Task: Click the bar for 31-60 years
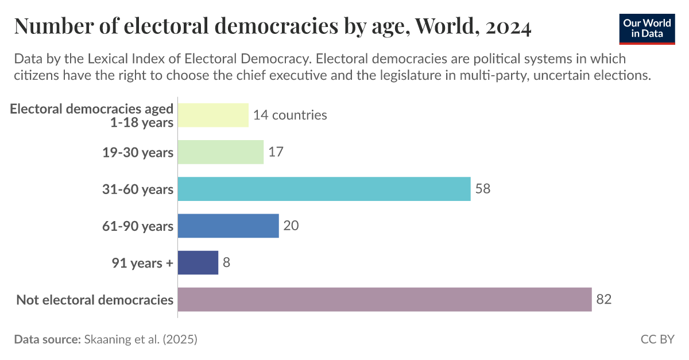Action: click(324, 189)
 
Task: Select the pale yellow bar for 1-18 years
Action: click(213, 115)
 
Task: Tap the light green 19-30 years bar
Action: click(220, 152)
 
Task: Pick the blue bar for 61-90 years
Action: click(228, 226)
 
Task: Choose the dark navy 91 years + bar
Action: click(198, 262)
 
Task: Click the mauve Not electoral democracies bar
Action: click(385, 299)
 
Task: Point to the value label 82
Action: click(603, 299)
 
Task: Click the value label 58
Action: click(483, 189)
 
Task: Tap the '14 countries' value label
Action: click(290, 115)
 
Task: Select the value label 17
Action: click(276, 152)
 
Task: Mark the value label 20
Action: click(291, 226)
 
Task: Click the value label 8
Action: click(227, 262)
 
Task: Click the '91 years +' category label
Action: click(142, 263)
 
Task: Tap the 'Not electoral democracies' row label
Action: click(95, 300)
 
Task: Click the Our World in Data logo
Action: click(647, 27)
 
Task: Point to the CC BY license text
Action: click(657, 339)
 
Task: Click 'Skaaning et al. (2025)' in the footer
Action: click(141, 339)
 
